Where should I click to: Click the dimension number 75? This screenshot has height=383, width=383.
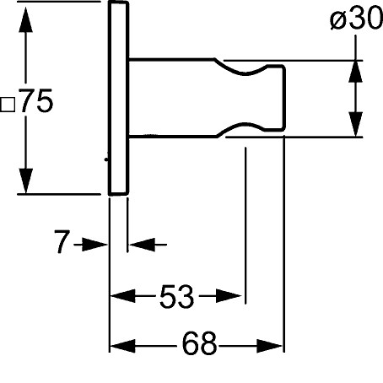(36, 100)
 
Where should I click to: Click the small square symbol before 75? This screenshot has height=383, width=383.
(8, 105)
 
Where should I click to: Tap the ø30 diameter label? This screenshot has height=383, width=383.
(356, 19)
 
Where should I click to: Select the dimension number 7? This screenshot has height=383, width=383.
(62, 242)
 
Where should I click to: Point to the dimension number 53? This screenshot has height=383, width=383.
(177, 296)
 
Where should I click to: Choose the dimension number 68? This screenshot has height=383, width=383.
(200, 343)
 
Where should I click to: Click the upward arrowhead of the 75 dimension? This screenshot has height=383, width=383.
(25, 20)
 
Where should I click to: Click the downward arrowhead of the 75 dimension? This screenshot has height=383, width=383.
(25, 181)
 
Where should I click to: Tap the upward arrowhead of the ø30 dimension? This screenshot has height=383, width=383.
(355, 72)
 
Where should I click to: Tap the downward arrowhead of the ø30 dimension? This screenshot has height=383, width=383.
(355, 124)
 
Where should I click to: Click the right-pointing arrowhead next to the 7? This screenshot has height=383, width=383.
(94, 245)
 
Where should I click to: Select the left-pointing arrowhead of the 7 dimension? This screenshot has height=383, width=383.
(142, 245)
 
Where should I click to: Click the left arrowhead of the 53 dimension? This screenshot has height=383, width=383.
(123, 296)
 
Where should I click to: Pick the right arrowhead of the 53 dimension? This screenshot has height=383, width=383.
(229, 296)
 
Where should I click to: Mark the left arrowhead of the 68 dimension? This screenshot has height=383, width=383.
(123, 346)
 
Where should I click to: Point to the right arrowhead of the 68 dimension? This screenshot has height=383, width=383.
(269, 346)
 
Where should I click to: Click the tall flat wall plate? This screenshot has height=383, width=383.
(118, 98)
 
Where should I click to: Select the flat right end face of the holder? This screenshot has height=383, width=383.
(284, 98)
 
